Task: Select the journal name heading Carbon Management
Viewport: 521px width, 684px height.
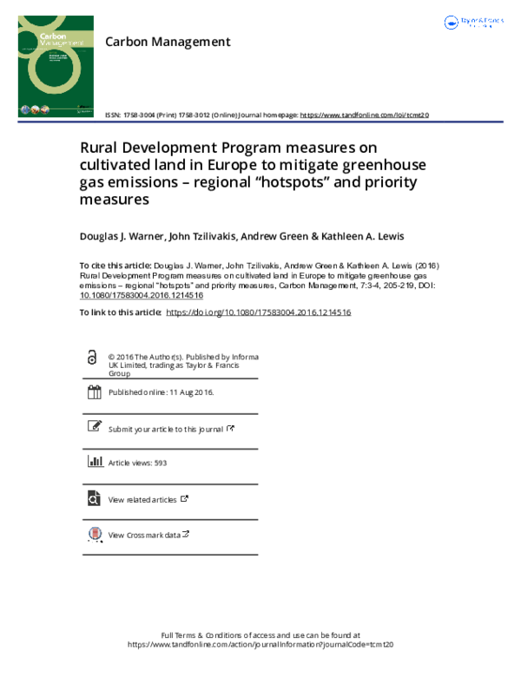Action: click(167, 41)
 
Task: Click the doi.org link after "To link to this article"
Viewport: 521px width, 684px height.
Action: click(258, 312)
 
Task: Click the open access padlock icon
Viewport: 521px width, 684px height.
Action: click(93, 358)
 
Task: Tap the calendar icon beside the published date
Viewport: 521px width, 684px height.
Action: click(94, 392)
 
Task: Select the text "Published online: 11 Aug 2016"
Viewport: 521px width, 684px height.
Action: click(161, 392)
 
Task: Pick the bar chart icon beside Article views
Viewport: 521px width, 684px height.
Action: click(94, 463)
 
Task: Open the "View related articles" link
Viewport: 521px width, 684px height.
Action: click(142, 500)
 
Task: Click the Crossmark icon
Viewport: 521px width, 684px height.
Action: click(94, 535)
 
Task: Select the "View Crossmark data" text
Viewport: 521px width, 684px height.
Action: click(144, 536)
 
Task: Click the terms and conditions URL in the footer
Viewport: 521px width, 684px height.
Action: click(260, 645)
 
